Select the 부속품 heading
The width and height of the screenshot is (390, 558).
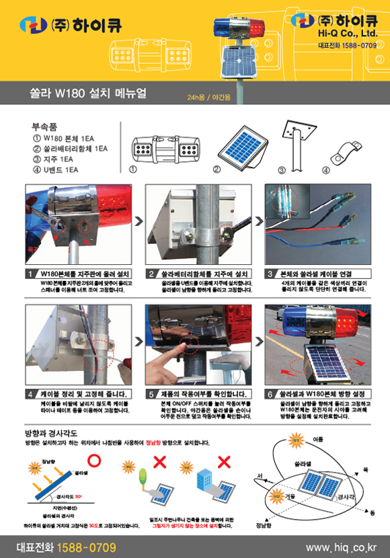click(x=44, y=126)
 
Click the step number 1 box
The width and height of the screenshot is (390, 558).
click(x=30, y=274)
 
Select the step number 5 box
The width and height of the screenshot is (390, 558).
click(x=151, y=394)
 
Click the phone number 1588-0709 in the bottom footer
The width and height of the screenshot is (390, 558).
click(x=86, y=547)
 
